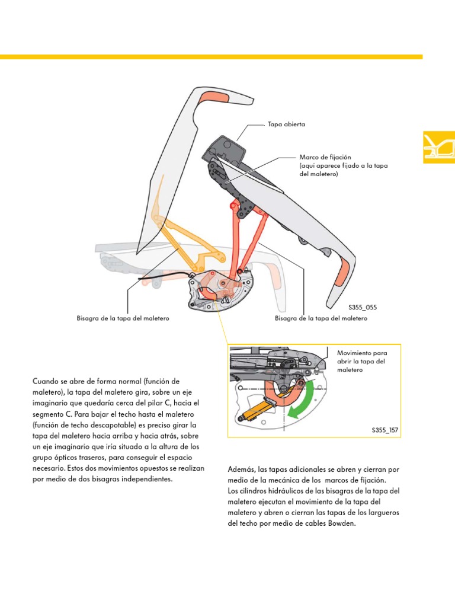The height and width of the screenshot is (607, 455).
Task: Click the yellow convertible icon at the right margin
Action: tap(438, 146)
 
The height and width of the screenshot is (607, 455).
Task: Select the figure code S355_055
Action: tap(363, 308)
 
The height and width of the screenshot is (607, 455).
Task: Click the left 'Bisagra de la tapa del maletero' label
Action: tap(123, 318)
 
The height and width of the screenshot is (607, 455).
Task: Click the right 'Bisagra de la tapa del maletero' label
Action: tap(321, 318)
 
